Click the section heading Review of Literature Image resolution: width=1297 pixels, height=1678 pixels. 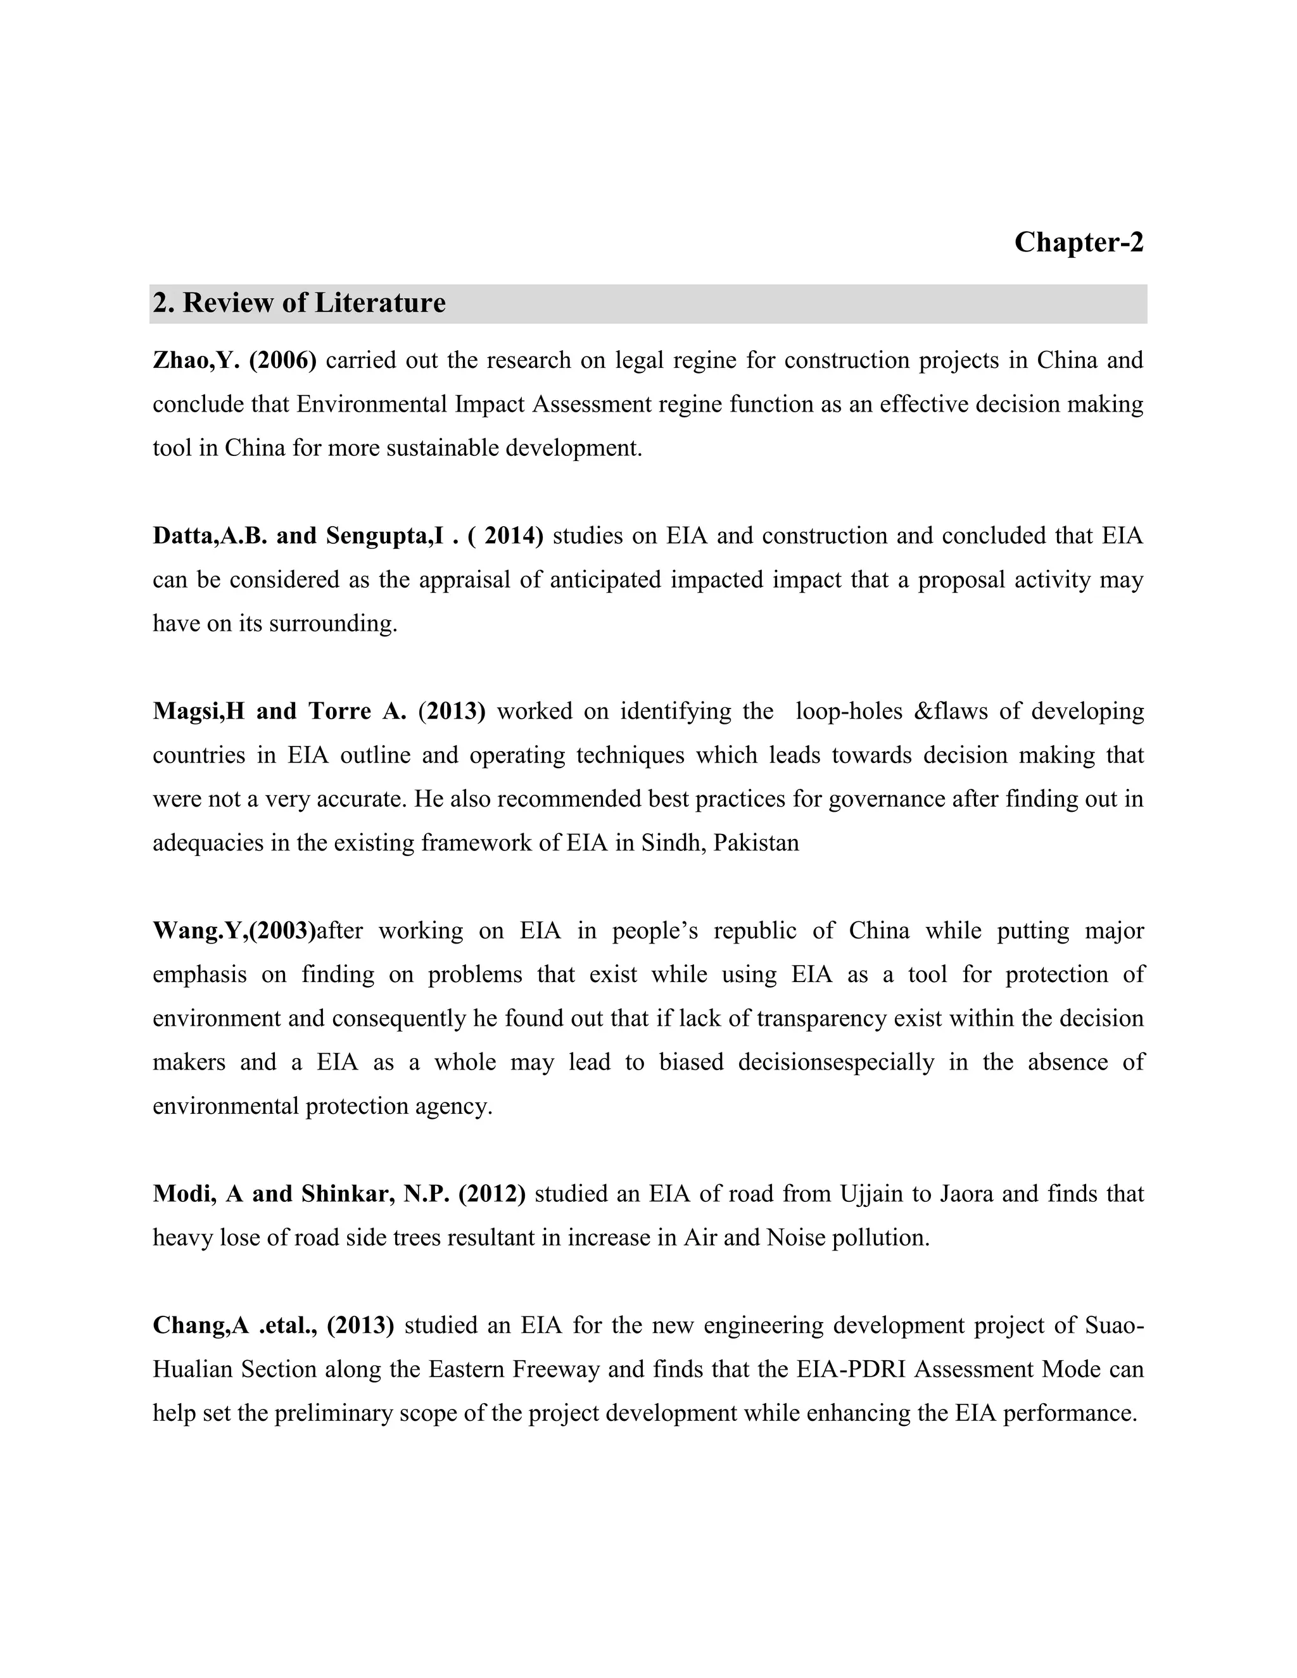[x=299, y=303]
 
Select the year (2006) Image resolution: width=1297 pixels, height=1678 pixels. [x=282, y=360]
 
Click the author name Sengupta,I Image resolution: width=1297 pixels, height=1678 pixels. [x=385, y=536]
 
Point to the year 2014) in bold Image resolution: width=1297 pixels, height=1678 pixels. [x=512, y=536]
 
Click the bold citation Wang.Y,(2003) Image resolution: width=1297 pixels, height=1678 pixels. [x=234, y=930]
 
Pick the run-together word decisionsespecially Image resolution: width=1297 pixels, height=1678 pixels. [x=836, y=1063]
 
